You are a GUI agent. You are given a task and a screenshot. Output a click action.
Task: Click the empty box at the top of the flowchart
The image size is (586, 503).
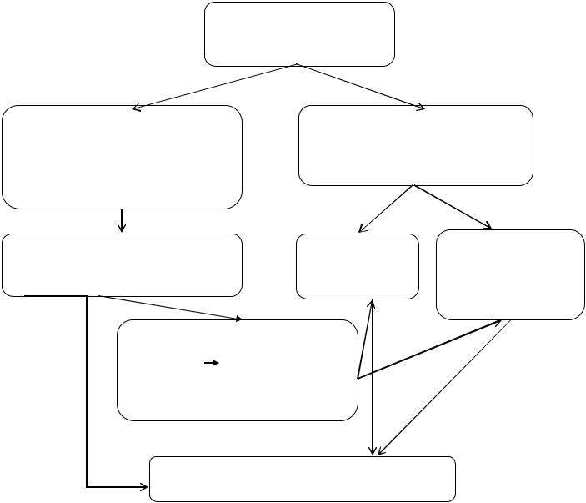(299, 34)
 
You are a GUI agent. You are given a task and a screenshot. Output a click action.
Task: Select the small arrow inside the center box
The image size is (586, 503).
(211, 364)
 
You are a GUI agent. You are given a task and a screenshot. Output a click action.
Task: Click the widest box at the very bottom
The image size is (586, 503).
(302, 479)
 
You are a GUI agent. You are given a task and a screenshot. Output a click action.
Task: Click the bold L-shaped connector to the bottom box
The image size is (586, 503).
(87, 392)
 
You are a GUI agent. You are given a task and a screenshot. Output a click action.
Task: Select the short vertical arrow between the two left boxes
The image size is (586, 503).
(122, 220)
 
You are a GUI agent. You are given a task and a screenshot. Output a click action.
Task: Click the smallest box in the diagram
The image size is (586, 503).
(358, 266)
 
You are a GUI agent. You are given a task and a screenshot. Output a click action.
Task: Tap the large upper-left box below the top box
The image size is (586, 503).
(122, 157)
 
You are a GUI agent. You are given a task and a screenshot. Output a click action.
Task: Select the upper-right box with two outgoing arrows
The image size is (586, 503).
(415, 145)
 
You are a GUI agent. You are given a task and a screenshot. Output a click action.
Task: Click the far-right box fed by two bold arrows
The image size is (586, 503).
(510, 274)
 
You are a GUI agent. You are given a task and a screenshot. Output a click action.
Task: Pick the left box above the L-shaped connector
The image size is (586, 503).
(122, 265)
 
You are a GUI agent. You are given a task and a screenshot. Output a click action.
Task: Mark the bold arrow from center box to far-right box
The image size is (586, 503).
(429, 349)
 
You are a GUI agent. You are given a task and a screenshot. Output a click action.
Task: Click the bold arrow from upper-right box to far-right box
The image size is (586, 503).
(453, 207)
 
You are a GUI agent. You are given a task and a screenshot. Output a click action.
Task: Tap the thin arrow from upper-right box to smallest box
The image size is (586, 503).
(386, 209)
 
